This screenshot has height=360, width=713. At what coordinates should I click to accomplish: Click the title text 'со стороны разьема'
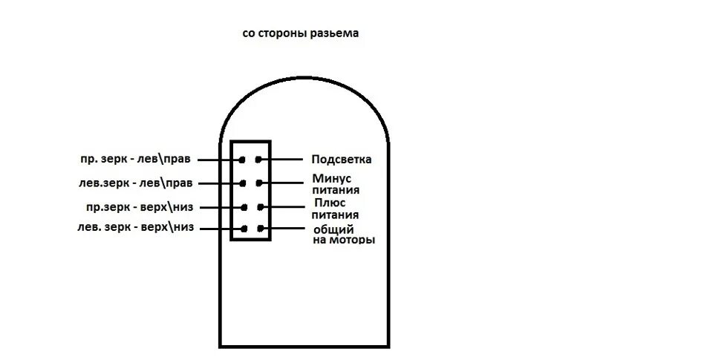(300, 34)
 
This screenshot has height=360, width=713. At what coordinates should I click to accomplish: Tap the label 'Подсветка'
(342, 159)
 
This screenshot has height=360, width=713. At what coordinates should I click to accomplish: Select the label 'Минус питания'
(331, 184)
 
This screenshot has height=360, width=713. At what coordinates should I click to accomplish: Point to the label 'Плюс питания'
(331, 208)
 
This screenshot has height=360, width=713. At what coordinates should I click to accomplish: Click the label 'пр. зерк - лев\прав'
(137, 159)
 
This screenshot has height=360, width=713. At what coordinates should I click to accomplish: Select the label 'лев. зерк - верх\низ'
(135, 228)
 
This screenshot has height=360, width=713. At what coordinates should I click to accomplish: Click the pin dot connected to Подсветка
(259, 160)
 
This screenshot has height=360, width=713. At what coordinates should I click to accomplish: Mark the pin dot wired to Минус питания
(259, 183)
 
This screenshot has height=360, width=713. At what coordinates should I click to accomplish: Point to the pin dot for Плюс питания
(261, 207)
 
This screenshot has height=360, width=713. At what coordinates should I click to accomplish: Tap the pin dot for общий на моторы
(260, 229)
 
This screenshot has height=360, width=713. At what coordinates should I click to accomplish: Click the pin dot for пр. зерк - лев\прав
(242, 160)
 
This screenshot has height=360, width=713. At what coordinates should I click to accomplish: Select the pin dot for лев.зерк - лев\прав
(242, 183)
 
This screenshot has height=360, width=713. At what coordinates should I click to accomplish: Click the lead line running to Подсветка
(286, 160)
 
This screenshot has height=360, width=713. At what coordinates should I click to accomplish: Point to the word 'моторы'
(351, 240)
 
